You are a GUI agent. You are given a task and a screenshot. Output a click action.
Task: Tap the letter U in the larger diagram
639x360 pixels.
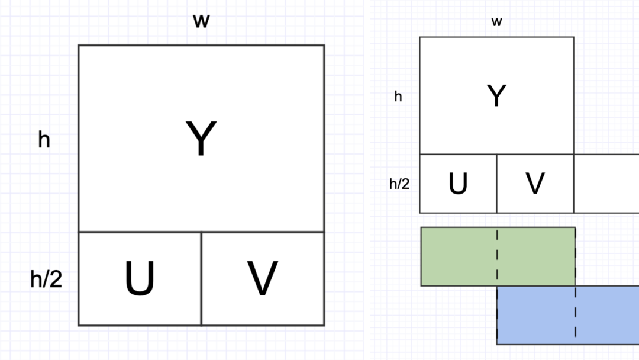[x=140, y=278]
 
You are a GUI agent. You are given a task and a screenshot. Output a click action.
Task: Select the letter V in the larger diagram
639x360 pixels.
[x=262, y=278]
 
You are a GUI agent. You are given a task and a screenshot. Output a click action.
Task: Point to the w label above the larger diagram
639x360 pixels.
[x=201, y=21]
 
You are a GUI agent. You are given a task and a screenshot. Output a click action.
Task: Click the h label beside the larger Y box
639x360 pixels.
[x=44, y=140]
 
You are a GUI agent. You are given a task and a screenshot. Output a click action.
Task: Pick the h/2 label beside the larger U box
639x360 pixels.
[x=46, y=279]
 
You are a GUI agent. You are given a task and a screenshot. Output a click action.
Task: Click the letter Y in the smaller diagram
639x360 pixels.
[x=496, y=95]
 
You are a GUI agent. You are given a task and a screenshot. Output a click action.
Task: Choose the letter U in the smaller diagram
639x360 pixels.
[x=458, y=184]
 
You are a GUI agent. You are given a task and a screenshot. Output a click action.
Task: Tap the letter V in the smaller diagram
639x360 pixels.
[x=535, y=184]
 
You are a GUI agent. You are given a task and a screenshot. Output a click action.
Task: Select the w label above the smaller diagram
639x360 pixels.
[x=496, y=22]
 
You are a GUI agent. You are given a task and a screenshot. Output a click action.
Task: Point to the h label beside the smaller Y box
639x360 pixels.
[x=398, y=96]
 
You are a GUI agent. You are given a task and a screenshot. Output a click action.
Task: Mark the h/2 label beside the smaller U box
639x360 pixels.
[x=399, y=184]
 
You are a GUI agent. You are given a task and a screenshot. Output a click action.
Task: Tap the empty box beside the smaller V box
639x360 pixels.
[x=606, y=184]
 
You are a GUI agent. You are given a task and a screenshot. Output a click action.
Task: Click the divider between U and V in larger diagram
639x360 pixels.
[x=201, y=278]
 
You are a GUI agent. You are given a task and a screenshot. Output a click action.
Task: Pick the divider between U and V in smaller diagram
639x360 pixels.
[x=496, y=184]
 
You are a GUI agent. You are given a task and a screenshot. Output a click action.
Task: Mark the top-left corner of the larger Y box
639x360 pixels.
[x=79, y=46]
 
